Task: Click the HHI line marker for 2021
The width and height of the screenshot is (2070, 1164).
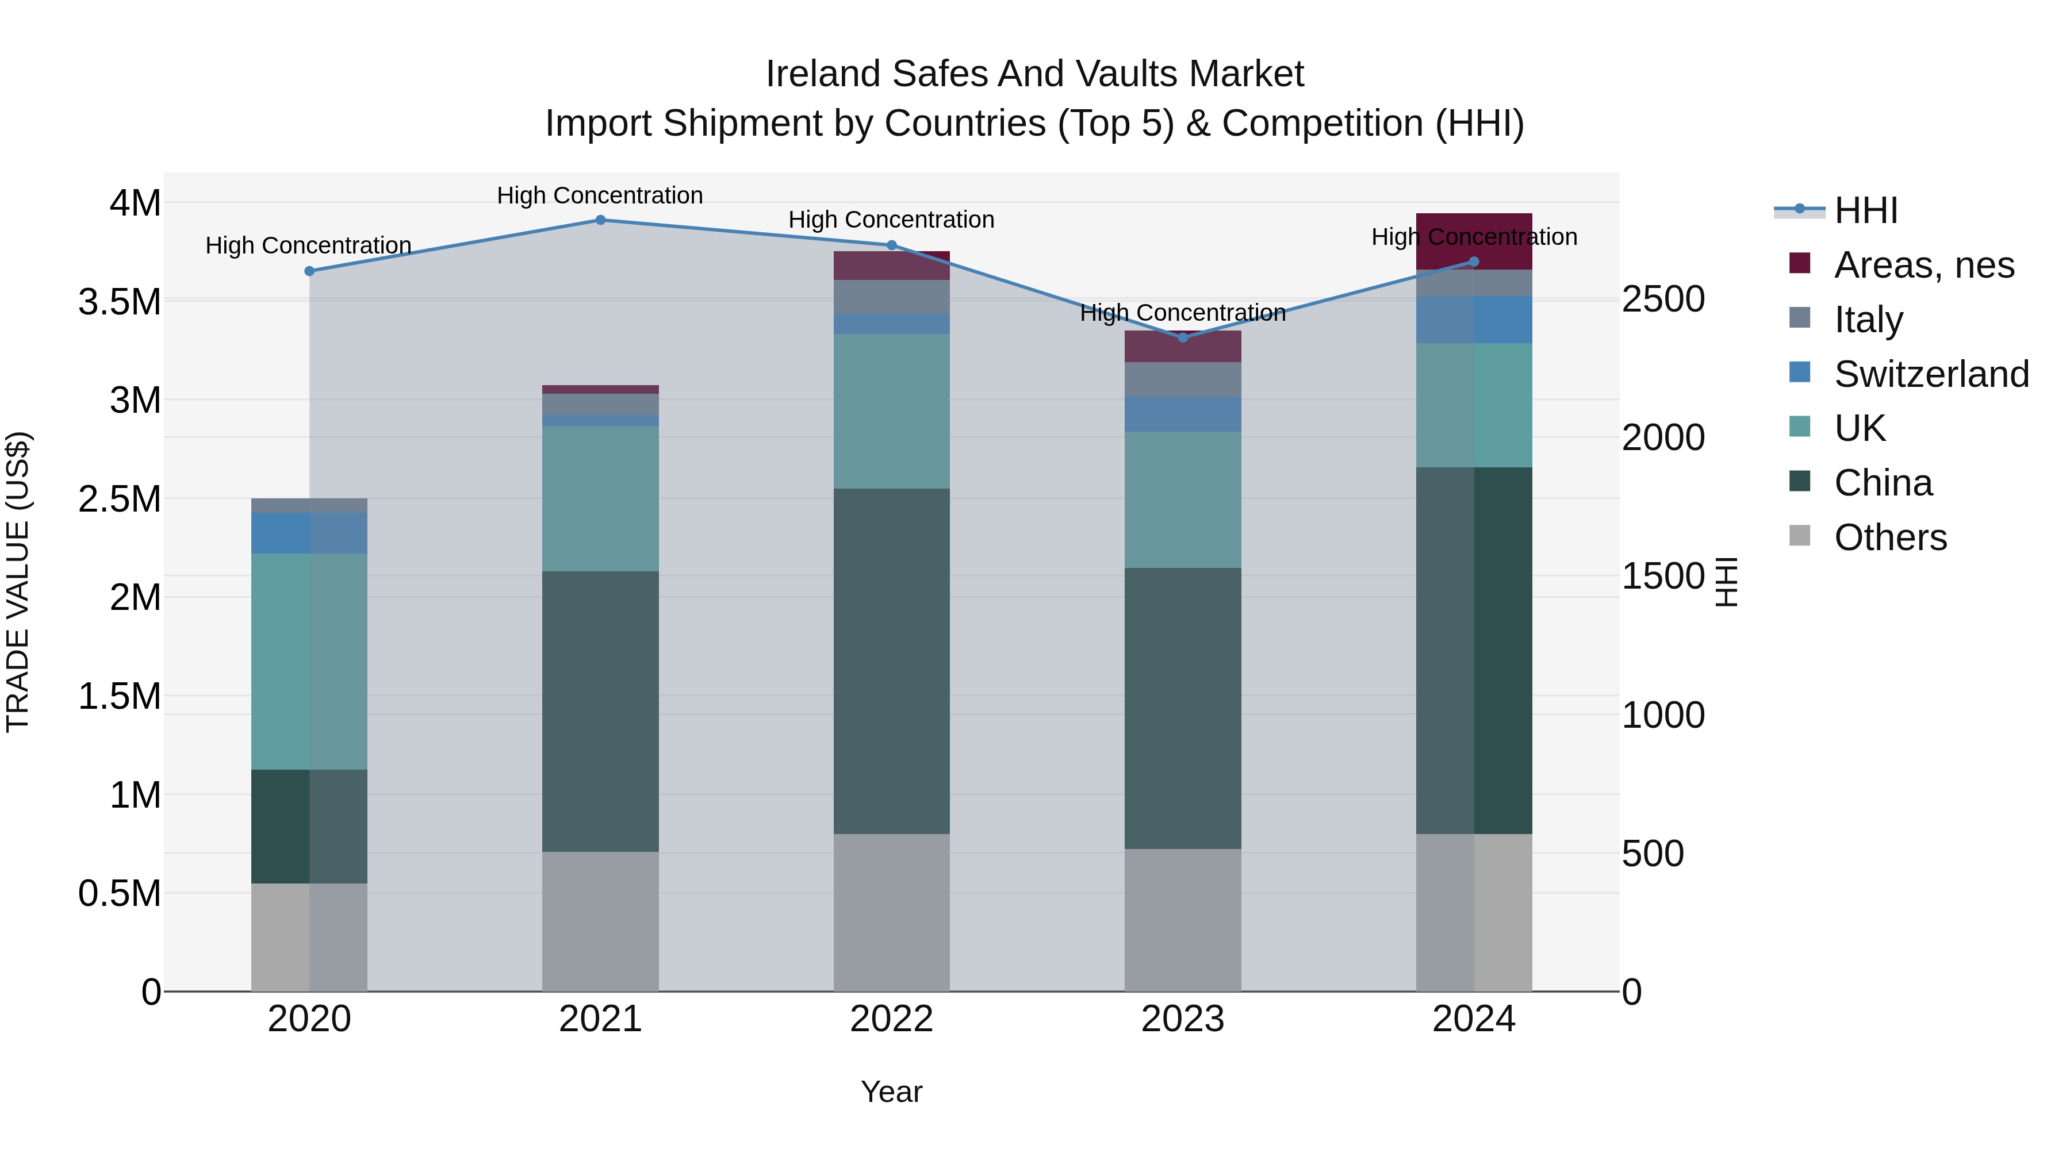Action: pyautogui.click(x=600, y=220)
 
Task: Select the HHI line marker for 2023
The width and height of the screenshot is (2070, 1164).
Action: pyautogui.click(x=1182, y=337)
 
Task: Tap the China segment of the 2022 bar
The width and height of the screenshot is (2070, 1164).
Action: pyautogui.click(x=891, y=660)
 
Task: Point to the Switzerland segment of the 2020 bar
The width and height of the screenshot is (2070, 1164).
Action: pyautogui.click(x=309, y=533)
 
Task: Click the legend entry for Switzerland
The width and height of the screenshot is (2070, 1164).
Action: pyautogui.click(x=1931, y=374)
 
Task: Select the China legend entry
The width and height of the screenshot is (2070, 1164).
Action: pyautogui.click(x=1883, y=483)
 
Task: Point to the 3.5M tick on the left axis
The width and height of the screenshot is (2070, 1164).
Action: pyautogui.click(x=120, y=302)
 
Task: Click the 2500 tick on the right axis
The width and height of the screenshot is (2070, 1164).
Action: pyautogui.click(x=1662, y=299)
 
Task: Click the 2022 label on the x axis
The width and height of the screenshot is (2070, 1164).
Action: pyautogui.click(x=891, y=1019)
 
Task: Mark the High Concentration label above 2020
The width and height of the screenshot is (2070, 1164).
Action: pyautogui.click(x=309, y=245)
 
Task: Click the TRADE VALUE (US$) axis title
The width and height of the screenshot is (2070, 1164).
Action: pyautogui.click(x=18, y=582)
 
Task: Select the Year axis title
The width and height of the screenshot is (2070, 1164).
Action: pyautogui.click(x=891, y=1092)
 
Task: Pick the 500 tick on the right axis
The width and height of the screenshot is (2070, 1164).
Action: pyautogui.click(x=1652, y=853)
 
